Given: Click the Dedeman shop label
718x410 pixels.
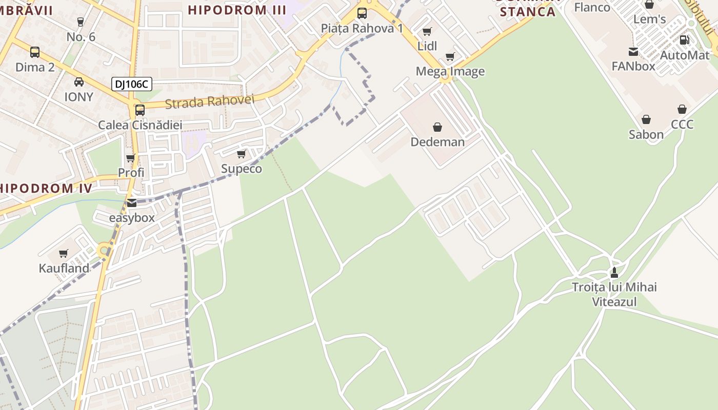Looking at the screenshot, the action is point(437,142).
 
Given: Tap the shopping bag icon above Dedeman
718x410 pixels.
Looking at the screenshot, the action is point(437,127).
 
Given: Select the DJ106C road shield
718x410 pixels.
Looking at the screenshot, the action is point(132,84).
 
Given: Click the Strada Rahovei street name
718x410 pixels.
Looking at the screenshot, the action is point(209,101).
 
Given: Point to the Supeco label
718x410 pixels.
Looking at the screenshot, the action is point(241,169).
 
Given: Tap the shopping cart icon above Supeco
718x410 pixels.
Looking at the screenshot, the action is point(241,154).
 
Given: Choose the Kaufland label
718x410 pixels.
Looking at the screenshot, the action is point(64,268).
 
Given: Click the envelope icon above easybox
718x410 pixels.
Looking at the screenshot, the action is point(132,203).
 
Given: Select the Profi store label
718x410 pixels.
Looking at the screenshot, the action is point(131,173).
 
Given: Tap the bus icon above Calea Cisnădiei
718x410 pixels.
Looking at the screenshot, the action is point(139,110).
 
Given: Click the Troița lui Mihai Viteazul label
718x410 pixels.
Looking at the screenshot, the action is point(614,294).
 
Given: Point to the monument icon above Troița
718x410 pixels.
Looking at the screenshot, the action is point(614,272).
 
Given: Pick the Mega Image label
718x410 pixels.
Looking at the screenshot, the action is point(450,71).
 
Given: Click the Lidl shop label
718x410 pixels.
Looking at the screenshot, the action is point(427,46).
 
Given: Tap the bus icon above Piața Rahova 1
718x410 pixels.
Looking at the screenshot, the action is point(362,13).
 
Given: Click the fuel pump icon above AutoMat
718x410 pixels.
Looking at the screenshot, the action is point(684,40).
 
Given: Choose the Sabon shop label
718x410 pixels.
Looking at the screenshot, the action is point(646,134).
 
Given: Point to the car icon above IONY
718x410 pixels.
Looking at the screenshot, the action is point(79,82).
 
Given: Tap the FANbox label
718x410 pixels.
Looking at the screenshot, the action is point(633,66).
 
